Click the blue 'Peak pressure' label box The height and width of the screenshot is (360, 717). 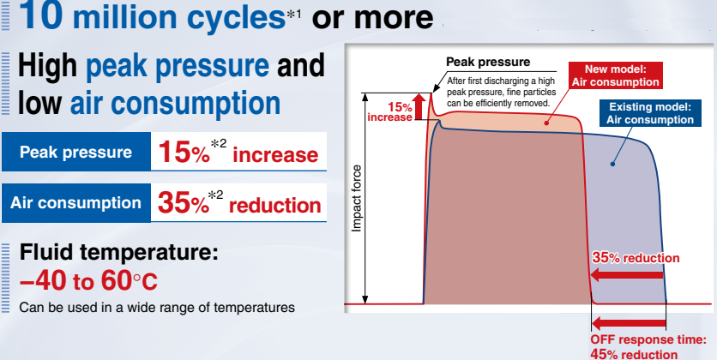(x=76, y=152)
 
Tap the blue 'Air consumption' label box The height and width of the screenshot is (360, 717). (x=76, y=203)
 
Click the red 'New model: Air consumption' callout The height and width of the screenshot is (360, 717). (x=616, y=75)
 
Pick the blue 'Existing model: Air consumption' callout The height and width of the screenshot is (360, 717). (x=650, y=113)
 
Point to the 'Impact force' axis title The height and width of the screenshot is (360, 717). (x=357, y=198)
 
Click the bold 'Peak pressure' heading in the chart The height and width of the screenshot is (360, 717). (x=488, y=62)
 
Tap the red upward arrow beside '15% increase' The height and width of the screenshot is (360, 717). (x=419, y=106)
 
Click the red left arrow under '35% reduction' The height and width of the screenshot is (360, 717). (x=626, y=275)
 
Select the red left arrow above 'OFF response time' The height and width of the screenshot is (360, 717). (x=629, y=324)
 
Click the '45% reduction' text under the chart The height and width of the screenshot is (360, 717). (x=634, y=354)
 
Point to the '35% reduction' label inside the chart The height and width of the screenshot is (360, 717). (x=636, y=258)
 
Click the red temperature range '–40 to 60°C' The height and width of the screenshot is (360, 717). (x=88, y=281)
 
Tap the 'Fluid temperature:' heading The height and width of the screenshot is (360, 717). (x=119, y=252)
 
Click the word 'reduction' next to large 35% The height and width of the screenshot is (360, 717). (x=274, y=206)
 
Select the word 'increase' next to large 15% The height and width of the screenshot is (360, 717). (x=275, y=155)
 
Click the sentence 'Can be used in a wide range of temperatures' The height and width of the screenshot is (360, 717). (x=157, y=308)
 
